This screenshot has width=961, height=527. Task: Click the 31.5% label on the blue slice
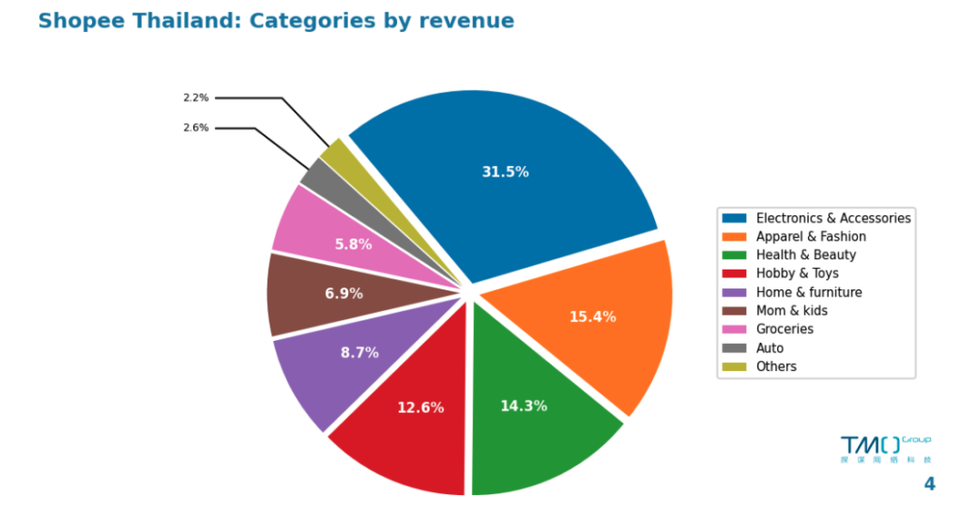tap(505, 172)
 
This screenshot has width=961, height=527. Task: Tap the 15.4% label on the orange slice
tap(592, 317)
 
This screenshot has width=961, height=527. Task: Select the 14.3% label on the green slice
tap(524, 406)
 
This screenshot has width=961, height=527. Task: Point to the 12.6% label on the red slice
tap(420, 408)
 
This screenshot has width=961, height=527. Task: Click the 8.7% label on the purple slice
tap(359, 352)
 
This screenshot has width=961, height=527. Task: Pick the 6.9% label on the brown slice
tap(343, 293)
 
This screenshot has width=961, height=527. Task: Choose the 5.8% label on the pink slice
tap(353, 244)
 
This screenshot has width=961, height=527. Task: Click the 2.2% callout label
tap(196, 98)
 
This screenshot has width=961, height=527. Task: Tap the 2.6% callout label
tap(196, 128)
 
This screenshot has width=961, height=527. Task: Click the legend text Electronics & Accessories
tap(832, 218)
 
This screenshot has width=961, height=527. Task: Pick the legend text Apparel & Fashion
tap(811, 237)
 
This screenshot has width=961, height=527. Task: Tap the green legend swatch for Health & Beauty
tap(735, 255)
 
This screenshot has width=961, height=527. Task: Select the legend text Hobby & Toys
tap(797, 273)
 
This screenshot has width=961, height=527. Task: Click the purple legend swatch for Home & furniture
tap(735, 292)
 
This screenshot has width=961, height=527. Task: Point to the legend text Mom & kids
tap(791, 311)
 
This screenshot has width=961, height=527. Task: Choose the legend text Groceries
tap(785, 329)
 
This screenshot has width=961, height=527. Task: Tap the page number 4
tap(929, 485)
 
